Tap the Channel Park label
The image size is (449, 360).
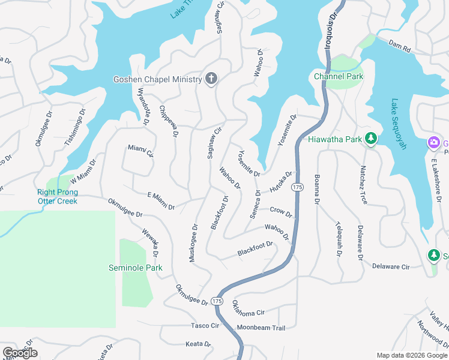tap(339, 77)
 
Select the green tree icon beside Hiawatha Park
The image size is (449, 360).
tap(371, 139)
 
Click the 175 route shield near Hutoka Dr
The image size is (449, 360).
tap(297, 188)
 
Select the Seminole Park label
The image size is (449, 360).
tap(135, 268)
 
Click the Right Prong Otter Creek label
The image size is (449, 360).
tap(58, 197)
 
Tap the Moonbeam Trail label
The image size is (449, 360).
tap(261, 328)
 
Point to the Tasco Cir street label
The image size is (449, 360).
tap(205, 325)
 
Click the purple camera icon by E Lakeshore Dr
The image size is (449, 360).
tap(433, 142)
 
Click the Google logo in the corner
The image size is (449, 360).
tap(19, 353)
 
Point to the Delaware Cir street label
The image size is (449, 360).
tap(390, 266)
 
